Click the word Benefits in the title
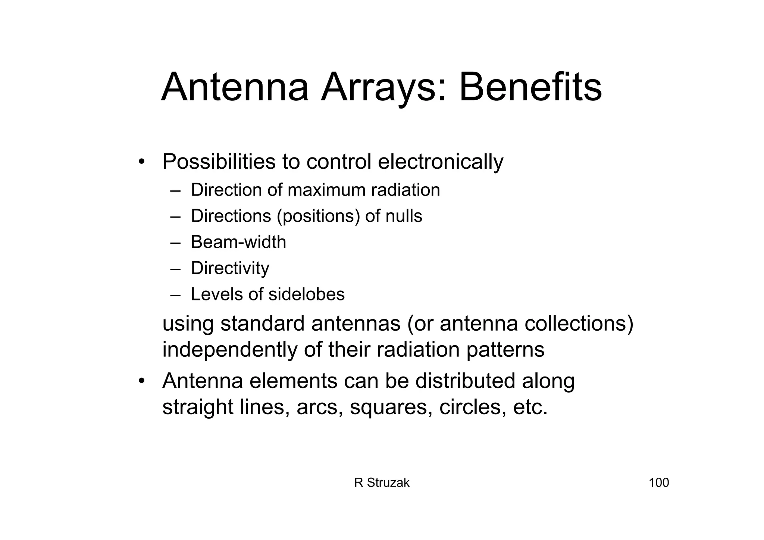[530, 88]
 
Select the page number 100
[659, 483]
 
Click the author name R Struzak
[382, 483]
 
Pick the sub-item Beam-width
[238, 242]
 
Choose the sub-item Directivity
[230, 268]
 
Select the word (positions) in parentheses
[319, 216]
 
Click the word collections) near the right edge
[579, 324]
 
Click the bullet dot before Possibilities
[141, 162]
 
